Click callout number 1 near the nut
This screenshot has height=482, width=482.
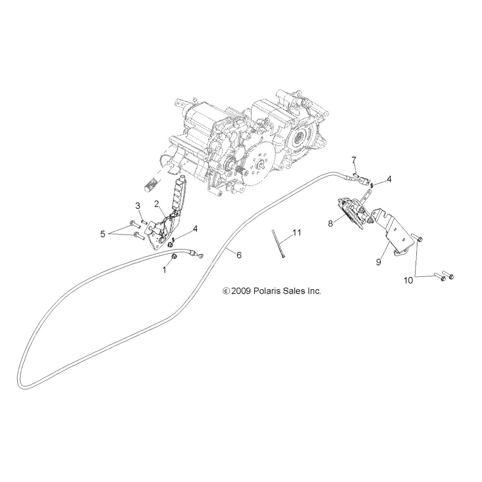click(164, 270)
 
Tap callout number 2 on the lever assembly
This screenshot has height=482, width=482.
click(157, 204)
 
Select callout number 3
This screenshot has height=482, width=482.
click(138, 206)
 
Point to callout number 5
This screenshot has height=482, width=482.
click(102, 234)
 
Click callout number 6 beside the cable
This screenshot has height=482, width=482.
click(239, 255)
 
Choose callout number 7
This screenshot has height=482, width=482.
click(354, 159)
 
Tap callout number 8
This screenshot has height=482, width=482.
click(331, 223)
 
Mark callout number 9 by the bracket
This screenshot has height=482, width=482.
click(378, 262)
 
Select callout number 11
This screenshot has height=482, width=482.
click(297, 233)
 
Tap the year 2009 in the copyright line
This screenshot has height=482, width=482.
click(241, 291)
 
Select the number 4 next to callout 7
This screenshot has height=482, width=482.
click(389, 179)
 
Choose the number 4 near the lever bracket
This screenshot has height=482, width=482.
click(195, 229)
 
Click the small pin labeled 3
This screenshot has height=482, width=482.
click(143, 221)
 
